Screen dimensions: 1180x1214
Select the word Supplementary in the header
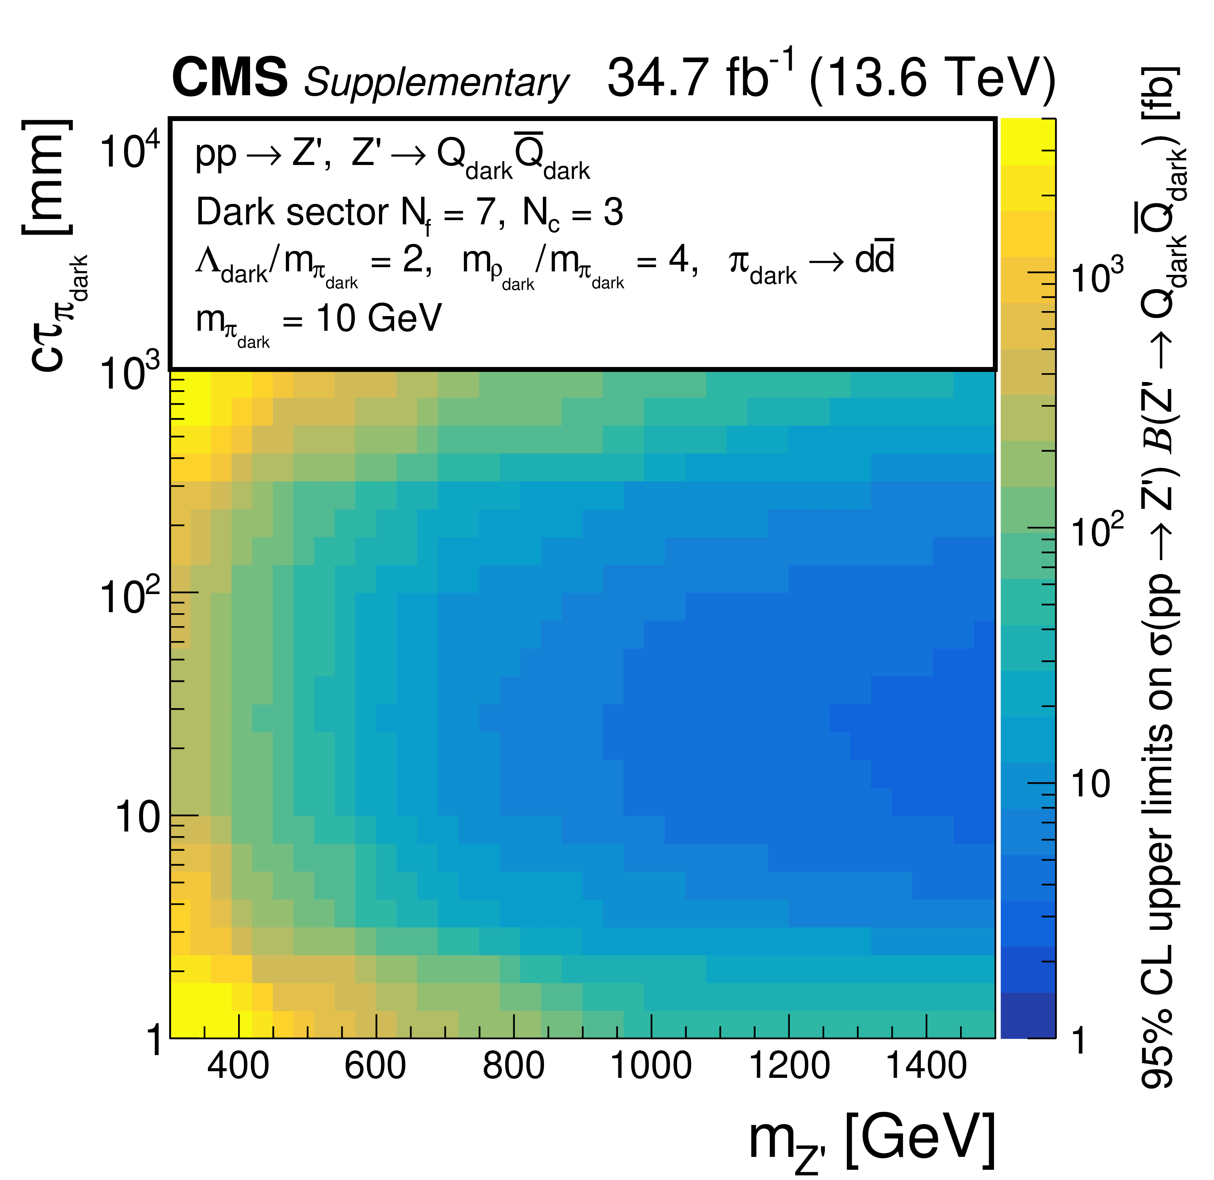[436, 82]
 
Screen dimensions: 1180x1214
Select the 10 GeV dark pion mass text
[379, 318]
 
